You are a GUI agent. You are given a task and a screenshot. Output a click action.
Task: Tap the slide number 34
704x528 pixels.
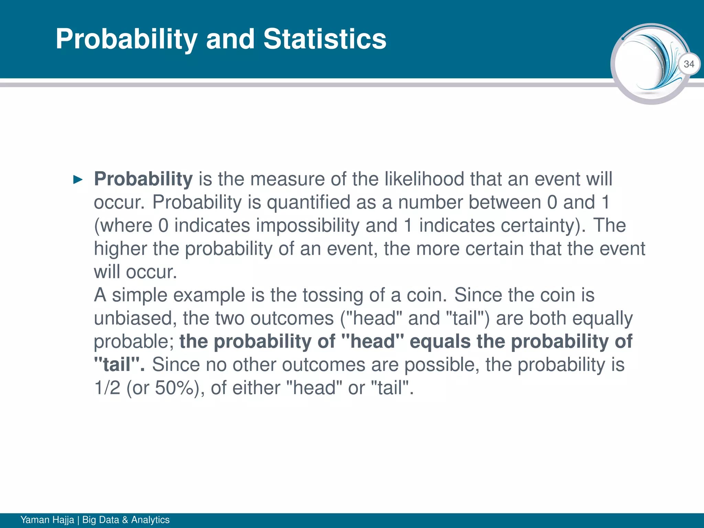(689, 64)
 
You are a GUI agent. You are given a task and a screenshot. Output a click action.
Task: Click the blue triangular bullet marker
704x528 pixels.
(78, 179)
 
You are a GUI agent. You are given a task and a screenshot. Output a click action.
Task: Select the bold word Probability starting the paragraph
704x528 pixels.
(143, 179)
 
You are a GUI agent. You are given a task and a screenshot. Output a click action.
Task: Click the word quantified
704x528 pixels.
(308, 202)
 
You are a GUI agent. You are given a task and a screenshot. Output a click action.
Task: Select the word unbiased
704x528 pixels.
(135, 318)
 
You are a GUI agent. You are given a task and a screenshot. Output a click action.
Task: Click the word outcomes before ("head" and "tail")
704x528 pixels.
(292, 318)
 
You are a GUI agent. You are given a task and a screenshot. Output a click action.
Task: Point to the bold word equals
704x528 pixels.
(440, 341)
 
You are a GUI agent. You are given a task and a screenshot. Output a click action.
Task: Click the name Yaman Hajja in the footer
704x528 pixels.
(47, 520)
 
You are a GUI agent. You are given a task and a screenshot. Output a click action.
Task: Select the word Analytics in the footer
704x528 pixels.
(150, 520)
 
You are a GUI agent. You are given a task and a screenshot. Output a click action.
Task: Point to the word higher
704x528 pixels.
(120, 249)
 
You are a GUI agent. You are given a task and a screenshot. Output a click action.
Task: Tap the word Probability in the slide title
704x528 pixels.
(126, 39)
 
